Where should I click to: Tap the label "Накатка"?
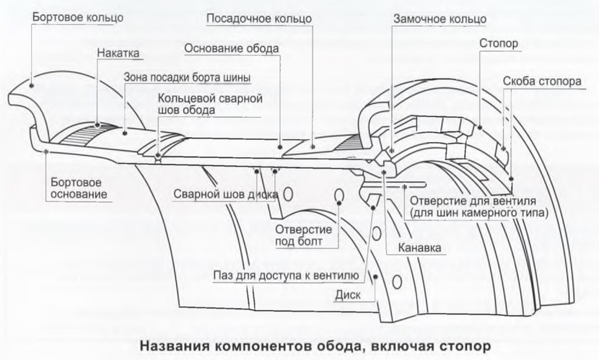coord(118,53)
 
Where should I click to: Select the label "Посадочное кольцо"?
coord(259,15)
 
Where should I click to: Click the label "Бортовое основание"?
coord(76,188)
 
